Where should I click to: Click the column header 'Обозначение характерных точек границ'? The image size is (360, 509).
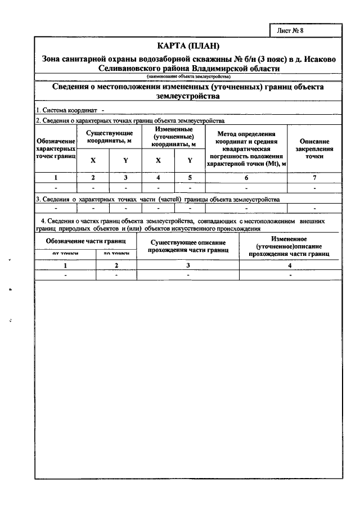coord(56,147)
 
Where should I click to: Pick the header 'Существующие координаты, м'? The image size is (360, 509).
coord(110,137)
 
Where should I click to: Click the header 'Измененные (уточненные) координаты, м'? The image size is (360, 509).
coord(174,137)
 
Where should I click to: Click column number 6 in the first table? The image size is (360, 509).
coord(246,178)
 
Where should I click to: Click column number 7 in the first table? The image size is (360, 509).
coord(314,178)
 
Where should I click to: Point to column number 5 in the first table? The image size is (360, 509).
coord(190,178)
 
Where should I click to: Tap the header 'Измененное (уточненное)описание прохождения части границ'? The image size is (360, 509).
coord(289,246)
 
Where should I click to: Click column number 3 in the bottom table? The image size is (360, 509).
coord(188,265)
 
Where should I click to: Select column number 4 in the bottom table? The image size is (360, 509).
coord(289,265)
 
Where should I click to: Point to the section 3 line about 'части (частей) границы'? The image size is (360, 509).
coord(157,199)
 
